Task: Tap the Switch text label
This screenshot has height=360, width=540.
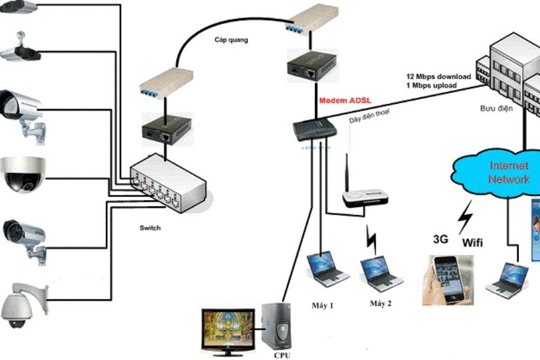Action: coord(151,228)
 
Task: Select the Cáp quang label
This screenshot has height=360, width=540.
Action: coord(231,40)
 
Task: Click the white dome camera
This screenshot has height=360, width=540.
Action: coord(22,175)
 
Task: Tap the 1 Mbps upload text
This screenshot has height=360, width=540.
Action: coord(431,86)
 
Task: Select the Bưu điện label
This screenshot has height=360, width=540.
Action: coord(496,110)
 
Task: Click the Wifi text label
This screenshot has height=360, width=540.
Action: coord(473,244)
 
